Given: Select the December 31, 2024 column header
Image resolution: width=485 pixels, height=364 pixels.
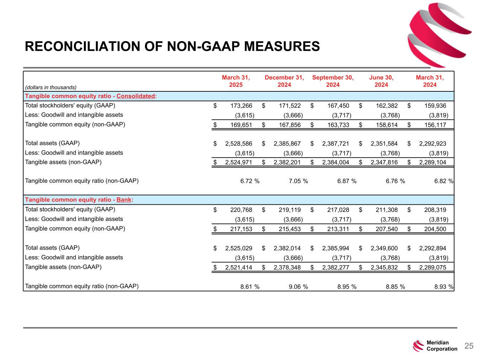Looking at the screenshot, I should click(x=284, y=81).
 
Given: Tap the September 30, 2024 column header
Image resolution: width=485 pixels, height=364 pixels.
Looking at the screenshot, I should click(x=333, y=81).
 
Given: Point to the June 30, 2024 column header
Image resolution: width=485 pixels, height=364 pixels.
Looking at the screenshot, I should click(x=381, y=81).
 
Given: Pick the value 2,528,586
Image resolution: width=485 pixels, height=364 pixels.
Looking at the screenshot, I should click(x=238, y=144).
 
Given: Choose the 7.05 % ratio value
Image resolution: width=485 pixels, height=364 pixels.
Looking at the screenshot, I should click(x=298, y=181).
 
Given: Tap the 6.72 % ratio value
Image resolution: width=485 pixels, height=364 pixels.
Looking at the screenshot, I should click(x=250, y=181).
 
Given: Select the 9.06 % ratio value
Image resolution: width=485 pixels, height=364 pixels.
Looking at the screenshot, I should click(x=298, y=287).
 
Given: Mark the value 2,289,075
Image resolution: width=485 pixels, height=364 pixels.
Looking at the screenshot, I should click(x=432, y=267).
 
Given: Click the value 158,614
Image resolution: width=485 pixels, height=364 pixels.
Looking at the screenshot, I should click(x=387, y=125).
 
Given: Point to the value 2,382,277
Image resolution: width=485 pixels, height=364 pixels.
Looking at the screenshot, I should click(x=335, y=267).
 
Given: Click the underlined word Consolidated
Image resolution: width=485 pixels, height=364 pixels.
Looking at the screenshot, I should click(x=136, y=96).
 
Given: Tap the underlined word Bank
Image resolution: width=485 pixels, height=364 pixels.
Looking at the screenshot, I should click(x=124, y=200).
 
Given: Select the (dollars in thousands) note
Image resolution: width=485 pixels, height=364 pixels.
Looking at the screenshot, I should click(x=51, y=87).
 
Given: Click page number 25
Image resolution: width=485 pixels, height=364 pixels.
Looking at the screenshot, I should click(x=469, y=346).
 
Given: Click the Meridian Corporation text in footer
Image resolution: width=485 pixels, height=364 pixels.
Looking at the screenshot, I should click(x=442, y=346).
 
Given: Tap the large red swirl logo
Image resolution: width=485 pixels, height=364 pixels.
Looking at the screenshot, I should click(x=439, y=34).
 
